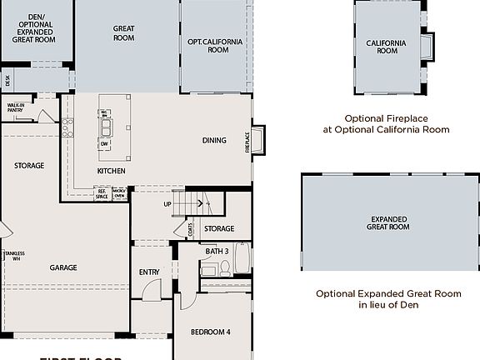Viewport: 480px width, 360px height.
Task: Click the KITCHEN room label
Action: (x=111, y=171)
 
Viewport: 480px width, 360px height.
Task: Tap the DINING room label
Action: (x=214, y=140)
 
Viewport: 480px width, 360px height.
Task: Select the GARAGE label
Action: (x=63, y=267)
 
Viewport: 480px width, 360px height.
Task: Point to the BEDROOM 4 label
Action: (x=210, y=332)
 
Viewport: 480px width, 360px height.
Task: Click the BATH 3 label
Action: (x=217, y=251)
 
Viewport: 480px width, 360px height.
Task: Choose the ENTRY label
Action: (x=149, y=272)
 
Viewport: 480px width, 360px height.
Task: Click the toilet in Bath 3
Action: (x=224, y=268)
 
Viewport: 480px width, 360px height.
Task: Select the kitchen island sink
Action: (x=106, y=127)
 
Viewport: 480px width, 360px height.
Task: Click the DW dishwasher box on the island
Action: (x=105, y=144)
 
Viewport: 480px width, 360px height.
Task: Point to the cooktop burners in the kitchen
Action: (x=67, y=127)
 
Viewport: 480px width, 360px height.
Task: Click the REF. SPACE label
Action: (x=102, y=192)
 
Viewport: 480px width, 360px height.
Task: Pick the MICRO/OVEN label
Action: (x=119, y=192)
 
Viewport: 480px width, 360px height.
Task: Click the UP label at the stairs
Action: (x=167, y=204)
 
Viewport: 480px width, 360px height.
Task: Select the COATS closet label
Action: (x=191, y=227)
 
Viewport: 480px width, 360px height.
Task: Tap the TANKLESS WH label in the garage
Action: (x=12, y=256)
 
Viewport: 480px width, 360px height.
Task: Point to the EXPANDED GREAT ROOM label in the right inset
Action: (x=389, y=222)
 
